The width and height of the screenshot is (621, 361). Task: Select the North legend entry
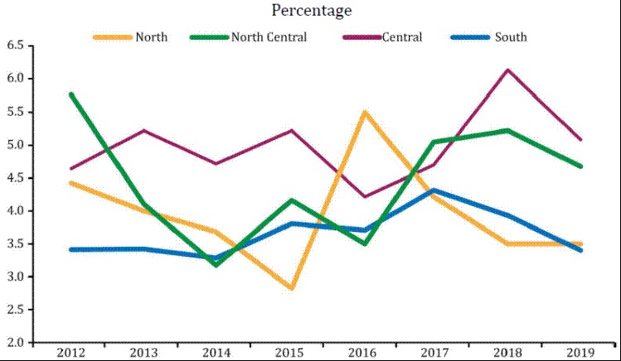tap(150, 37)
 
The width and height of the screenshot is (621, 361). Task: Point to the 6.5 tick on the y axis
tap(16, 46)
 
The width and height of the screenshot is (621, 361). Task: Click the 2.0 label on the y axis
tap(16, 343)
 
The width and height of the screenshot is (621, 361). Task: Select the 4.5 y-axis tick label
tap(16, 178)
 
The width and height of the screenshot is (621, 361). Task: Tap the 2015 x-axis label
tap(289, 352)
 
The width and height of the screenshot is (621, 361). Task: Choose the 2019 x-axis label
tap(581, 352)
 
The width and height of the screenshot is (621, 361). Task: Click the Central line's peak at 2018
tap(507, 70)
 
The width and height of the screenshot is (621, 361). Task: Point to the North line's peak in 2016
tap(362, 112)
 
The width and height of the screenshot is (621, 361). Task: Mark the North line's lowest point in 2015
tap(290, 288)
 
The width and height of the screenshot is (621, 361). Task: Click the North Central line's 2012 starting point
tap(71, 94)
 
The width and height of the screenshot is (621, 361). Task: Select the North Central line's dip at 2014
tap(216, 265)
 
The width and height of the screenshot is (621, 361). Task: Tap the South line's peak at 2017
tap(435, 190)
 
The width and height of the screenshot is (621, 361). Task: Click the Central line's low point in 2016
tap(362, 196)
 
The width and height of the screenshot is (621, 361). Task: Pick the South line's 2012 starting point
tap(71, 249)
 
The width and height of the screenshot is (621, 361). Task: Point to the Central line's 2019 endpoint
tap(580, 139)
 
